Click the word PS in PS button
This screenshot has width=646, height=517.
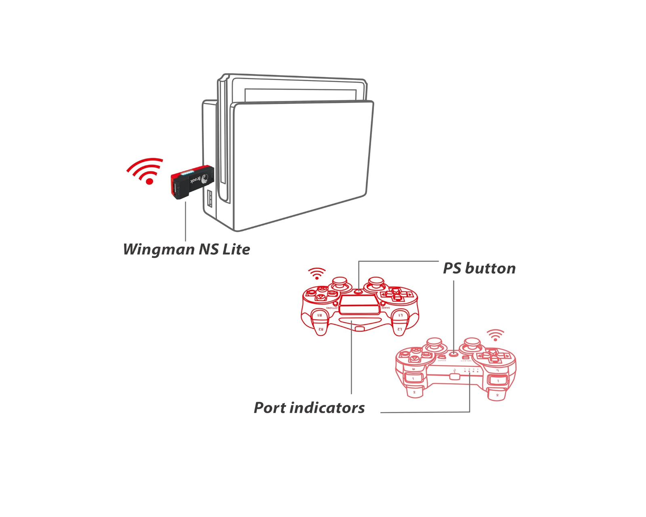click(x=452, y=268)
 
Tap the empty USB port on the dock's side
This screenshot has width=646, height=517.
click(x=210, y=199)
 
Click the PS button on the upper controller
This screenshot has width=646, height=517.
click(x=359, y=291)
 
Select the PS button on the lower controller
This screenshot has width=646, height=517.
click(x=454, y=354)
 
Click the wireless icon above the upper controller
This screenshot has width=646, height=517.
click(x=317, y=273)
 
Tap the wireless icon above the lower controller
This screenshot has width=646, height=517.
click(x=495, y=335)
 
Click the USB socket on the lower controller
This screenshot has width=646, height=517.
click(x=455, y=376)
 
